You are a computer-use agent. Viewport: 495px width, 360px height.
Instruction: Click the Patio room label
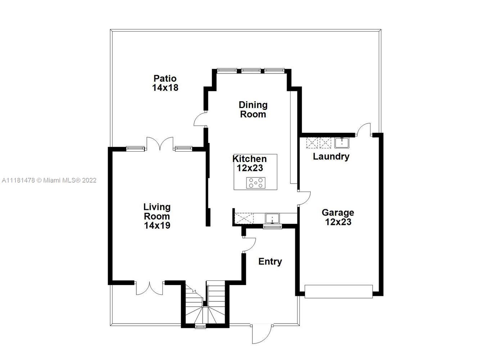pos(165,83)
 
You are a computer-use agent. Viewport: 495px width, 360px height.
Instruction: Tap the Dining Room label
pos(253,109)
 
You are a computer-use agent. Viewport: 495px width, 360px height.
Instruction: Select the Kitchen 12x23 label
pos(250,163)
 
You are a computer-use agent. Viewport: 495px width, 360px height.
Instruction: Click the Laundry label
pos(331,157)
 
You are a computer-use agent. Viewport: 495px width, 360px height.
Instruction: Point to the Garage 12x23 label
pos(338,217)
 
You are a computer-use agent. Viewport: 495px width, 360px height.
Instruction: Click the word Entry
pos(270,261)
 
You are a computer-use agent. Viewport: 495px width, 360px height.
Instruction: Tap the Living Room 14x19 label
pos(157,216)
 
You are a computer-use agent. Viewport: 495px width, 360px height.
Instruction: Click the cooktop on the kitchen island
pos(256,183)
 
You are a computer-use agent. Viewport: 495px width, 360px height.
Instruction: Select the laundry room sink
pos(342,143)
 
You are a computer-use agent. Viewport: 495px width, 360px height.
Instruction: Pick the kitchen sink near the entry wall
pos(272,219)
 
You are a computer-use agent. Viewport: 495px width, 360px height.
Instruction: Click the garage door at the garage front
pos(338,292)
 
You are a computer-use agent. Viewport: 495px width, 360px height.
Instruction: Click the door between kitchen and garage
pos(304,198)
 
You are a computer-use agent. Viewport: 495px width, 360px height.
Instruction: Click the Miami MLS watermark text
pos(49,181)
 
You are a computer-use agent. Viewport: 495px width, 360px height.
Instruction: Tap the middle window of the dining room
pos(251,71)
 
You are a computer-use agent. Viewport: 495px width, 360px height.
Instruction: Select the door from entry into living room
pos(249,245)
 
